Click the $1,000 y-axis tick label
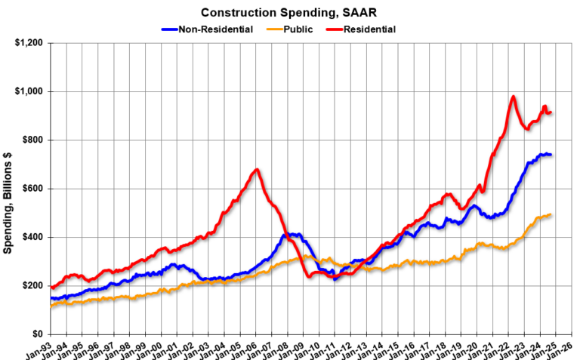28,91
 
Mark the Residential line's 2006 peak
257,170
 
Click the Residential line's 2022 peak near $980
514,97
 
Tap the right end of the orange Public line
551,215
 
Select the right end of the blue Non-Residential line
551,155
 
